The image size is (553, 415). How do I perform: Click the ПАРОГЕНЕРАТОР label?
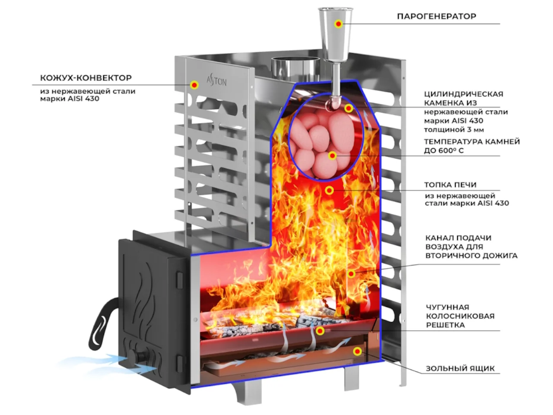click(437, 16)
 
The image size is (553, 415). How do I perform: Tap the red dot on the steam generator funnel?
click(338, 24)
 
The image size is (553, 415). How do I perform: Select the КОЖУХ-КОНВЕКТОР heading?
click(86, 78)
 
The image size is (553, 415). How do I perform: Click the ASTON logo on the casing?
click(216, 81)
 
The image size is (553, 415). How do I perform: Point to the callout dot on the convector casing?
click(194, 85)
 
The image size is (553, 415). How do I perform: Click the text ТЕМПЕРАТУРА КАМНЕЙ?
click(472, 142)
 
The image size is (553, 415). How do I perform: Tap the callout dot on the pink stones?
click(332, 156)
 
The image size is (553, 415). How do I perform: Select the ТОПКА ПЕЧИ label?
click(451, 185)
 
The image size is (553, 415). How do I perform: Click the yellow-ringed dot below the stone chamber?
click(329, 191)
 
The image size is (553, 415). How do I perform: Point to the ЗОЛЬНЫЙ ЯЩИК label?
click(460, 368)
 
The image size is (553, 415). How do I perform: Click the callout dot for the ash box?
click(357, 351)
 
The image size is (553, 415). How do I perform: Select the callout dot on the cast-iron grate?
click(320, 331)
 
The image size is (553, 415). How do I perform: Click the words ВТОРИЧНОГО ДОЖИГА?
click(471, 255)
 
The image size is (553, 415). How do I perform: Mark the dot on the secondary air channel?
click(351, 273)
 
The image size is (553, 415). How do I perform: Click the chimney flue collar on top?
click(295, 67)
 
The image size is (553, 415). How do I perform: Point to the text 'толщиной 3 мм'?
click(454, 130)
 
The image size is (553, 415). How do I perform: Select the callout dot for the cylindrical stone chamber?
click(349, 109)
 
